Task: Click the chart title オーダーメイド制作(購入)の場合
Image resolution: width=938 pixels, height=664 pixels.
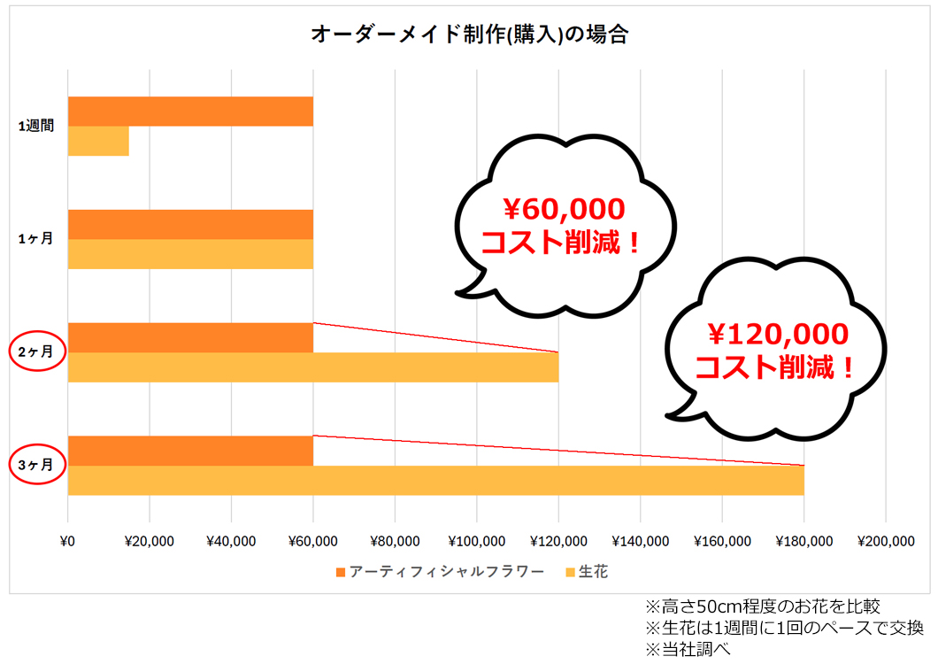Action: pos(469,35)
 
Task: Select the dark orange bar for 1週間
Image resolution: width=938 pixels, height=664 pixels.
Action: pos(190,112)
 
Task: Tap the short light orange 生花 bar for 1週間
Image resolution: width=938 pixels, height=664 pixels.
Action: pos(98,142)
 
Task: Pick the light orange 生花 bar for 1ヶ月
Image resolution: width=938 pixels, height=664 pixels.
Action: pos(190,254)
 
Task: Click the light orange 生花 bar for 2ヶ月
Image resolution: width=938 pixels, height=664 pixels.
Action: pos(313,367)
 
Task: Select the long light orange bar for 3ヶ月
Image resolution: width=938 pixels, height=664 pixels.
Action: pos(435,481)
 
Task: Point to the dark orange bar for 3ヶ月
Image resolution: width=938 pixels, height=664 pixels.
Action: pos(190,451)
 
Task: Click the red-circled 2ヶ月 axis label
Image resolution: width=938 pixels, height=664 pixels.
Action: pos(36,351)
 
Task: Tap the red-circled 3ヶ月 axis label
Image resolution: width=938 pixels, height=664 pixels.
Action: pos(36,464)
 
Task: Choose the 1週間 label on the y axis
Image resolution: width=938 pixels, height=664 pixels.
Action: pos(36,127)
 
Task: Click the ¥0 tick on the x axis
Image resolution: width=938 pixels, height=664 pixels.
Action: pos(68,541)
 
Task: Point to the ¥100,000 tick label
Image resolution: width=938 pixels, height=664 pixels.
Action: pos(476,541)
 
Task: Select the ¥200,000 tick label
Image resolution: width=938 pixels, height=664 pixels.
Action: pos(886,541)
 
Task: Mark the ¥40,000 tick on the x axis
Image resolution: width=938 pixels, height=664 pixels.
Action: pos(231,541)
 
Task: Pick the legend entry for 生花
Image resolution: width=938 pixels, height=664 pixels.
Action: pos(592,572)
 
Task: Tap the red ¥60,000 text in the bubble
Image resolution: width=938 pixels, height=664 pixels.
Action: pos(564,210)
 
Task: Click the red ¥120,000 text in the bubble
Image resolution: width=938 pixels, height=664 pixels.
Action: pos(776,334)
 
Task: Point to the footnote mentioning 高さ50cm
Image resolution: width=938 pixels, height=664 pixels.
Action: pos(762,606)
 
